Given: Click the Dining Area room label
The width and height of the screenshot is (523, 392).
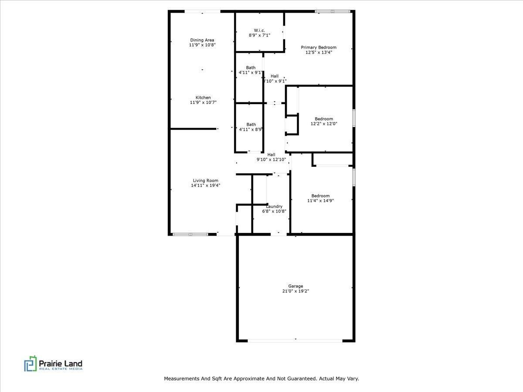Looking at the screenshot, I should point(202,40).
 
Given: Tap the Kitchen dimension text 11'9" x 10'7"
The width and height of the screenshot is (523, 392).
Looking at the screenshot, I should point(203,103).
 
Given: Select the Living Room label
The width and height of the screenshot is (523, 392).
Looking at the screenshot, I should point(206,180).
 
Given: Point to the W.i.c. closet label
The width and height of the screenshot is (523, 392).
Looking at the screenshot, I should point(259,30).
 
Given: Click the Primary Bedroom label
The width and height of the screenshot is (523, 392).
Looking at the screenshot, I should point(319,47).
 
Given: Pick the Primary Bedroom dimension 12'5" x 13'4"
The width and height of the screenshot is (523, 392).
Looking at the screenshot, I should point(319,52).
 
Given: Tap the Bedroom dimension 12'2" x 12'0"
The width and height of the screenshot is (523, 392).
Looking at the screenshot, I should point(324,124).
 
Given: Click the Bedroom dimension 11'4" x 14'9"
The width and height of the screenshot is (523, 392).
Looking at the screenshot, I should point(320,201).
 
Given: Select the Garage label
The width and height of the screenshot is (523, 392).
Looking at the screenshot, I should point(295,286).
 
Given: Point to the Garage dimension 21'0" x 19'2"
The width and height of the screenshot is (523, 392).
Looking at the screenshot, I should point(295,291).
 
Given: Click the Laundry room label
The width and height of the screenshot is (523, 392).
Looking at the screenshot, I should point(274,206).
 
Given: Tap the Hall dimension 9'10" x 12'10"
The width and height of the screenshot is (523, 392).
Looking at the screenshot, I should point(271,160).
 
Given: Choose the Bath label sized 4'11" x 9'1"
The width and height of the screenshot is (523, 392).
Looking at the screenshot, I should point(251,68).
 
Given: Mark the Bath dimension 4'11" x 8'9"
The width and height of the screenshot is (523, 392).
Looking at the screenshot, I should point(251,129).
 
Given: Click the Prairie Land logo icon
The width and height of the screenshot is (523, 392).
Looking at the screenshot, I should point(31,364).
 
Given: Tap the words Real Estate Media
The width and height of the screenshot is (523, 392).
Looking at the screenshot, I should point(61,369).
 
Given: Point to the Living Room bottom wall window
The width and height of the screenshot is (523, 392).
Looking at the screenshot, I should point(190,234).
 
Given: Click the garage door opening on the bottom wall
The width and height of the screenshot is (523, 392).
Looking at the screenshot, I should point(295,340).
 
